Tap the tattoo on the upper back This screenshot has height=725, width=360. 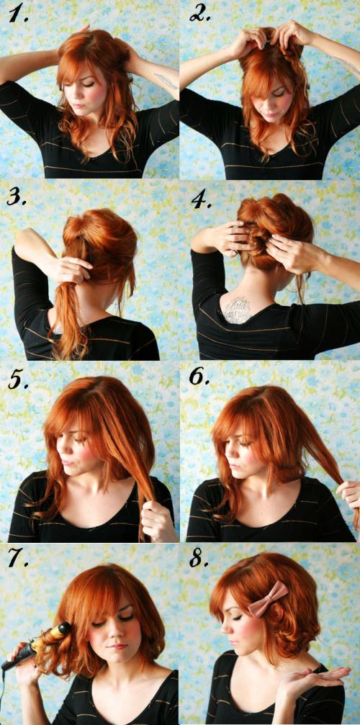[237, 309]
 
